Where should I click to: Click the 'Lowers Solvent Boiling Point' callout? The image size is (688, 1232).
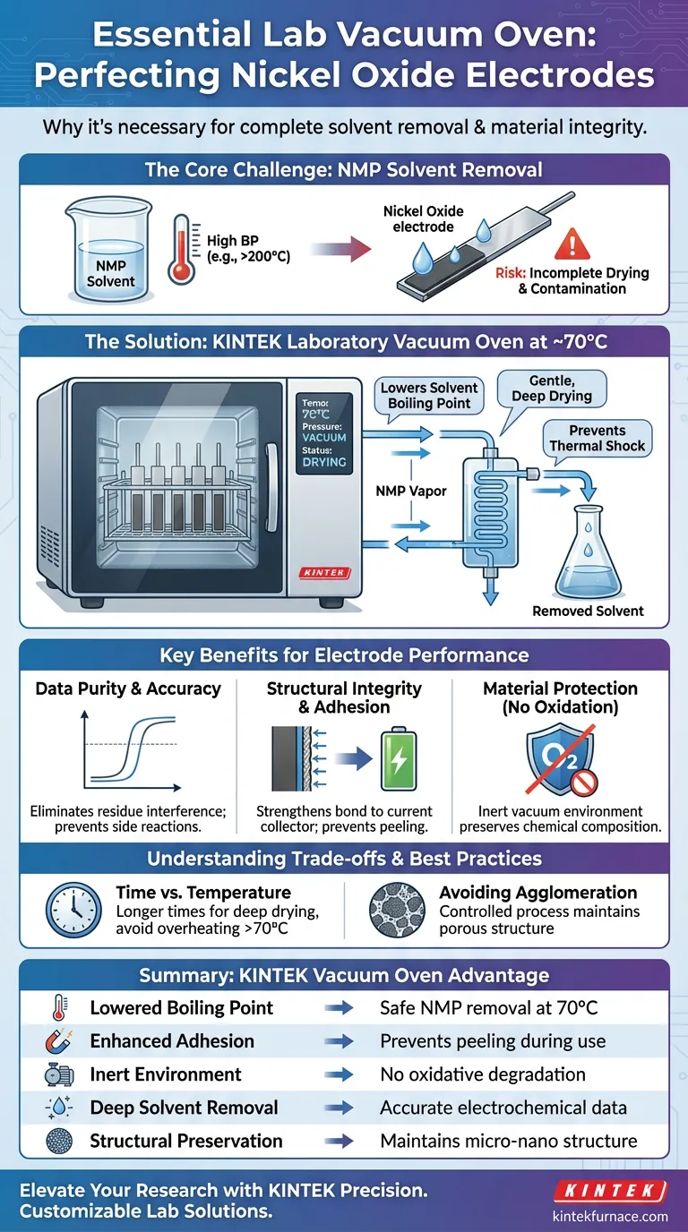[x=429, y=396]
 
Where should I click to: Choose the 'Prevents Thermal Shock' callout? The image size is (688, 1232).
[x=597, y=438]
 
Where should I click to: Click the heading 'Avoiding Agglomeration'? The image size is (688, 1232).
[x=537, y=893]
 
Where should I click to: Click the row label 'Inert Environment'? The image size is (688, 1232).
[x=166, y=1074]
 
